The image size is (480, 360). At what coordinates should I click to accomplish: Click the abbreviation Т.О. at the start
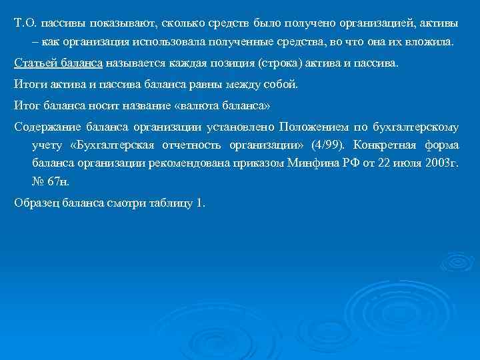point(25,23)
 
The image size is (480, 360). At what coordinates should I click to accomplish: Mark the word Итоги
point(29,84)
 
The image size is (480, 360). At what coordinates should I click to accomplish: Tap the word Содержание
point(44,126)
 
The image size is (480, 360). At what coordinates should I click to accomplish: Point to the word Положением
point(311,126)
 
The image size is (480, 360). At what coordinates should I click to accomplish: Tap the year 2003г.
point(440,162)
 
